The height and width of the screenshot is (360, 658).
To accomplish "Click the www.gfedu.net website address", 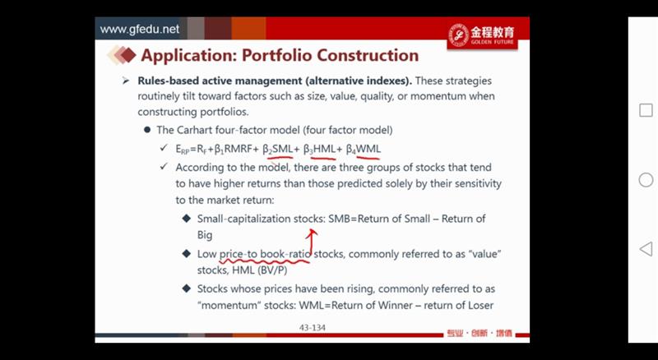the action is coord(139,30).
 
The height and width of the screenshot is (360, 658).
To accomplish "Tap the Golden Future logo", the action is coord(482,35).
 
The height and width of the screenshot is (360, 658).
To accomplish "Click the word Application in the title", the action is coord(188,56).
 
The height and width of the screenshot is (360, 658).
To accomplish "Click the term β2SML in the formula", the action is coord(278,149).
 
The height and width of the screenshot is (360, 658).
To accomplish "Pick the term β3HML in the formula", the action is coord(319,149).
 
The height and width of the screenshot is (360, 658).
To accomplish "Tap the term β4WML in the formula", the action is coord(364,149).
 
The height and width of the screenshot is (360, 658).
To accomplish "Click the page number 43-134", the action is coord(313,328).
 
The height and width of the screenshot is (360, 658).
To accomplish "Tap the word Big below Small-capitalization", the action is coord(205,235).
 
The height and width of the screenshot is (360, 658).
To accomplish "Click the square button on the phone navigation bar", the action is coord(646,110).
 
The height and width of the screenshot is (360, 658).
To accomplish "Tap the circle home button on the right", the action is coord(646,180).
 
